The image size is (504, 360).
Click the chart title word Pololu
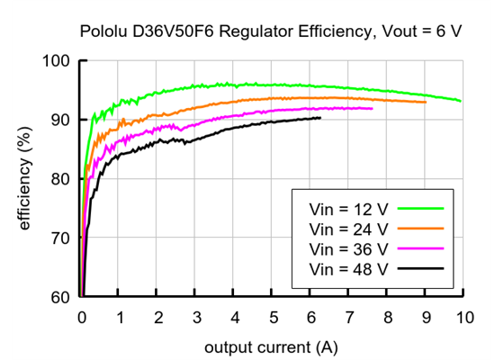(x=105, y=31)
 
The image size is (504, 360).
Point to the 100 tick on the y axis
(x=57, y=61)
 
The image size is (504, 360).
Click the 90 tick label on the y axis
(x=60, y=120)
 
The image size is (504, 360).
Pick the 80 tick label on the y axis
(x=60, y=179)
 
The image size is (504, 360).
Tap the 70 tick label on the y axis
(x=60, y=238)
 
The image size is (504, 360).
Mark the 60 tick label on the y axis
(x=60, y=297)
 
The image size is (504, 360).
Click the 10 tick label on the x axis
(x=463, y=318)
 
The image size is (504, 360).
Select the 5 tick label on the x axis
(x=273, y=318)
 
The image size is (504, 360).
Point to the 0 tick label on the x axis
(x=82, y=318)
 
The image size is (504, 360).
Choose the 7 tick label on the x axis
(x=349, y=318)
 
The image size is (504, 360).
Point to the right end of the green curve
(x=461, y=101)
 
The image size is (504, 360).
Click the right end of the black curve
(x=319, y=118)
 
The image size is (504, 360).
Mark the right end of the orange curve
(x=426, y=102)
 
